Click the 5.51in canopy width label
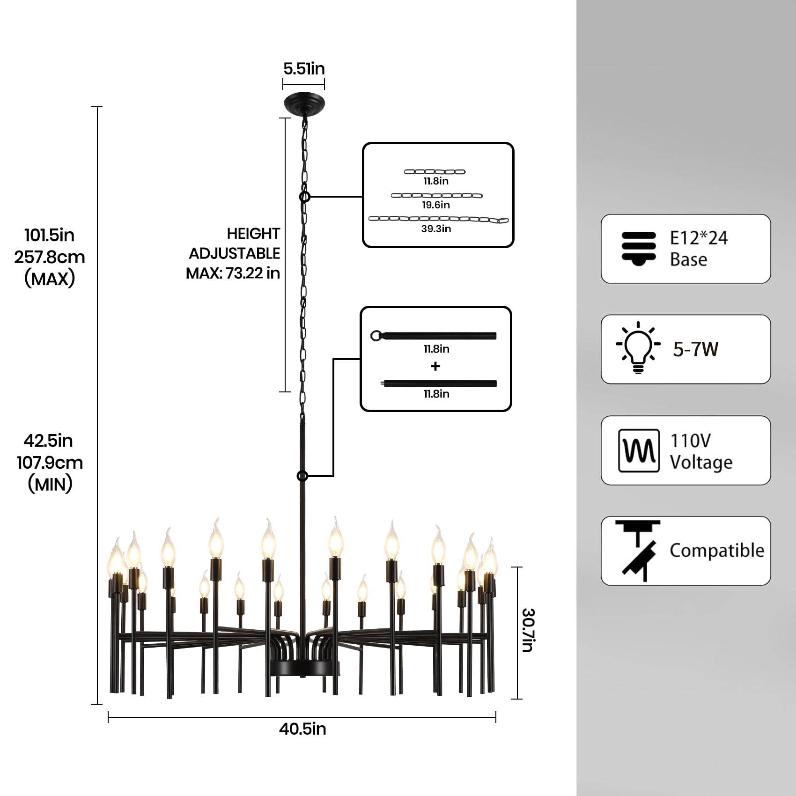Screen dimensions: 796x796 click(x=304, y=69)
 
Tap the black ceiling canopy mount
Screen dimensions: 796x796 click(x=304, y=103)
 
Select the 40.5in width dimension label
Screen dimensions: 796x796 click(x=302, y=729)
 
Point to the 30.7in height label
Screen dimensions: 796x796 click(x=528, y=630)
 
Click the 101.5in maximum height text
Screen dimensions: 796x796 click(x=50, y=235)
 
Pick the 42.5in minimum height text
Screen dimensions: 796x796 click(x=49, y=441)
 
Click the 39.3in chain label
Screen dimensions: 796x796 click(x=436, y=229)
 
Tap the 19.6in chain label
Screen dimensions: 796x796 click(x=436, y=205)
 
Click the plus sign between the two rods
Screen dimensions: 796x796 click(x=435, y=366)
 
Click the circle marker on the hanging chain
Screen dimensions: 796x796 click(x=305, y=197)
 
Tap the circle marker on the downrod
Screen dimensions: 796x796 click(x=302, y=476)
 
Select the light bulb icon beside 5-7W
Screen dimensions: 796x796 click(x=638, y=348)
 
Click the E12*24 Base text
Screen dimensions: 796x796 click(x=698, y=248)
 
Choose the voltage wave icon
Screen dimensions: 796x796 click(x=639, y=450)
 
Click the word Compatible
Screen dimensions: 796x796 click(x=716, y=551)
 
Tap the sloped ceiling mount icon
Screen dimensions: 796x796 click(x=638, y=551)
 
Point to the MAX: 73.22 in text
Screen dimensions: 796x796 click(x=233, y=273)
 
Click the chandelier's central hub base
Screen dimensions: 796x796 click(x=303, y=667)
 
